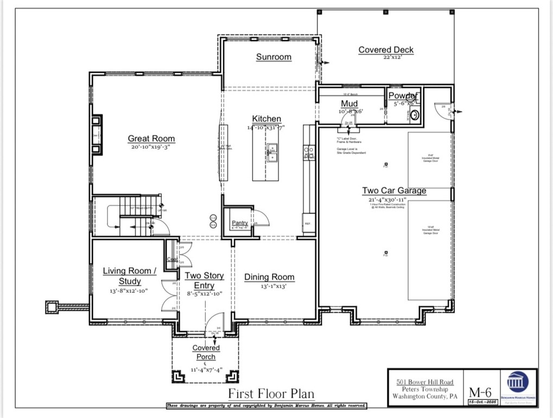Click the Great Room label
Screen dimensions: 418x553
151,138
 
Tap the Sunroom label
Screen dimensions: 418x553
274,57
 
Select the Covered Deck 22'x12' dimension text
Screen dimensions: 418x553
386,57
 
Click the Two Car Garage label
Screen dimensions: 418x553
394,191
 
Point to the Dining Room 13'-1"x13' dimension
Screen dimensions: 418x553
269,286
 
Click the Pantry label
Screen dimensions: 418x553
240,223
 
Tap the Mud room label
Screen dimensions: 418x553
349,104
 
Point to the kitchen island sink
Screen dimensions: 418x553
272,153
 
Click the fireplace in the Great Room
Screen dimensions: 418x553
97,135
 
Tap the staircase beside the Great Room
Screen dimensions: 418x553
134,215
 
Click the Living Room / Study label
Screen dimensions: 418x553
130,276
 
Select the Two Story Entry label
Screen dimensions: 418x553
204,281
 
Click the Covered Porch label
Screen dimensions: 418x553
206,352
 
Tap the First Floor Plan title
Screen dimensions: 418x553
271,394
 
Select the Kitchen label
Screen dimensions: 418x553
266,119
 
